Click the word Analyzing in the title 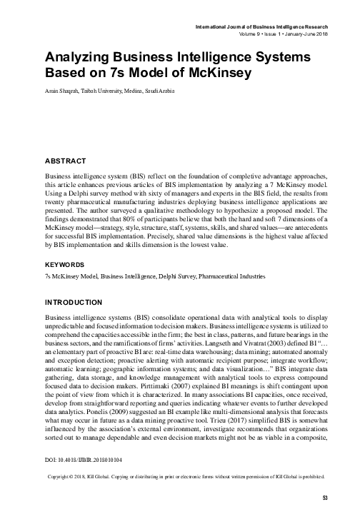pyautogui.click(x=81, y=57)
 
